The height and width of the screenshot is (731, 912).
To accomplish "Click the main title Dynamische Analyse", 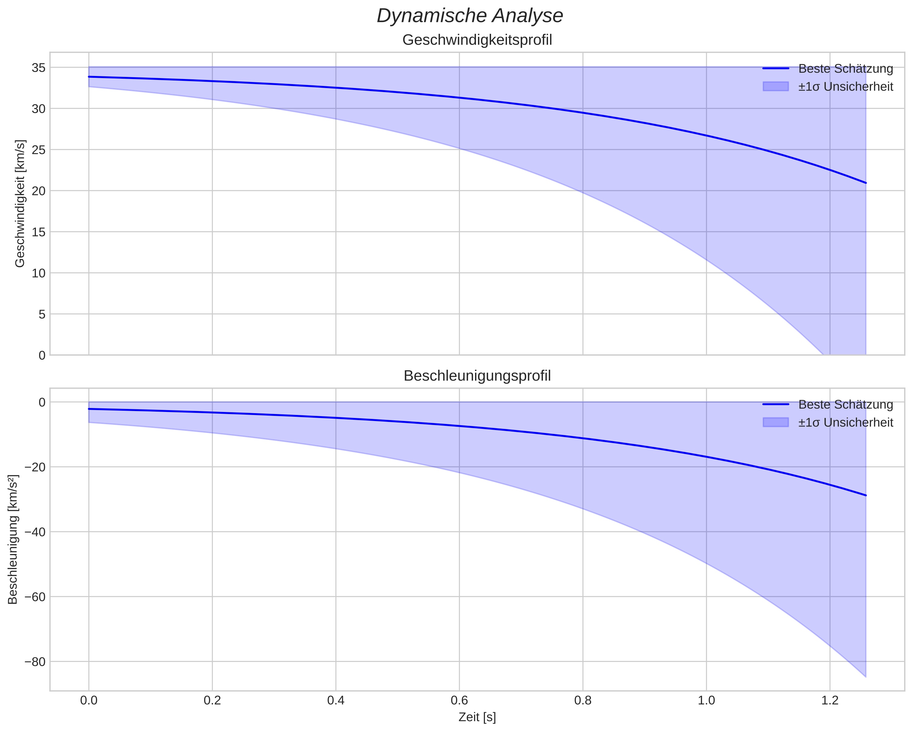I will [x=470, y=16].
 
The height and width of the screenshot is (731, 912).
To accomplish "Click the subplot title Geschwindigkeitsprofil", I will [x=477, y=40].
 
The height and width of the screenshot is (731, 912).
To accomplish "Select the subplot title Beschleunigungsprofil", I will [x=477, y=376].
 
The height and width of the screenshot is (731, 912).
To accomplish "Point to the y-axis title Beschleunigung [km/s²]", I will [x=13, y=540].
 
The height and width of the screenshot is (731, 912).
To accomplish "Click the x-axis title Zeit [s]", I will [x=477, y=717].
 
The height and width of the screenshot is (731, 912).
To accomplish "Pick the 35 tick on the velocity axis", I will [x=39, y=68].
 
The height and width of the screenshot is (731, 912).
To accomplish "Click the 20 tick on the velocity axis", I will [x=39, y=191].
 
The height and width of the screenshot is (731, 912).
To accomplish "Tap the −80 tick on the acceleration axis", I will [x=35, y=662].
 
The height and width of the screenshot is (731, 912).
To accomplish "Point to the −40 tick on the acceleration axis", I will [x=35, y=532].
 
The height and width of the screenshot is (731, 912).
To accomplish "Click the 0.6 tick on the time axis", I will [x=459, y=700].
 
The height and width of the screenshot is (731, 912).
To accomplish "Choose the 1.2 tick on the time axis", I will [x=830, y=700].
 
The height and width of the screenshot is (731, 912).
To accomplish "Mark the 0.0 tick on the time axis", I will [x=89, y=700].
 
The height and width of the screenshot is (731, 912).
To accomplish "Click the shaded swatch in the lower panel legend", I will [x=776, y=422].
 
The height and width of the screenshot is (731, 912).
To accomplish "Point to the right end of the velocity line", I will [x=866, y=183].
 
